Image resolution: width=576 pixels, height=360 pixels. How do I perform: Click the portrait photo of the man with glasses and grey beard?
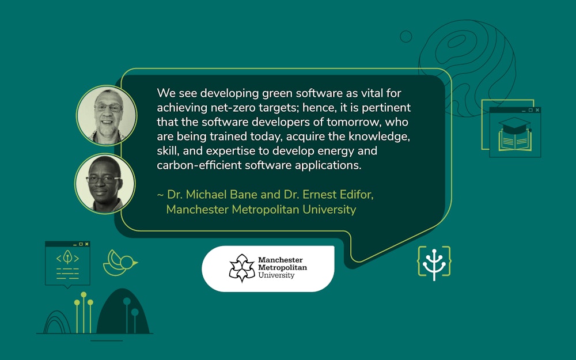107,115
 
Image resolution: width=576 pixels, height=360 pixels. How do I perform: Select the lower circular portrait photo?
105,183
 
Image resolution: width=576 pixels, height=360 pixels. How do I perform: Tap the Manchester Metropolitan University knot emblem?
242,268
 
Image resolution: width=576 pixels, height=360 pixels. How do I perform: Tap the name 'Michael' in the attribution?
206,195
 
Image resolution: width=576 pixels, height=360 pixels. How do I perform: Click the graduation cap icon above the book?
515,124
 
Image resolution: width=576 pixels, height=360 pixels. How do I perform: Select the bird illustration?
119,263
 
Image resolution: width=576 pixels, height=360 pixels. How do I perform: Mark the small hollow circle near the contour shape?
406,36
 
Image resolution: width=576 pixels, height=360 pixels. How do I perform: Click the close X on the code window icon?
86,244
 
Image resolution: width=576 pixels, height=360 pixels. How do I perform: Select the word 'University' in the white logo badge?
276,275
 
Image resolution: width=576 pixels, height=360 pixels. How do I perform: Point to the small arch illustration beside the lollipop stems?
58,323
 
